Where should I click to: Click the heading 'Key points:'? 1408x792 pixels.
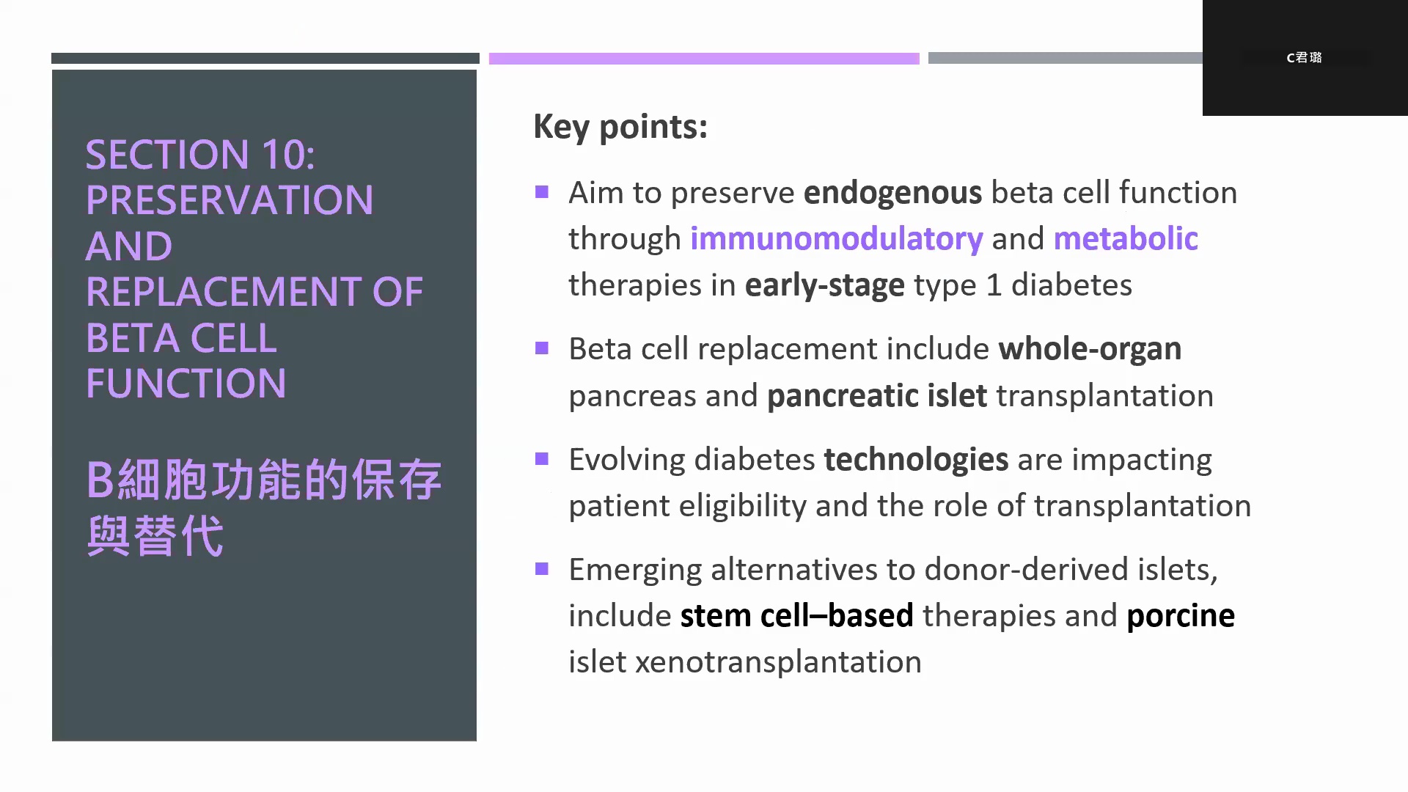620,127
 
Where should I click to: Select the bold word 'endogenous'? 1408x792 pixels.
892,194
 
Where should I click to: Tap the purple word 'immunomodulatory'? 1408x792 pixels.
837,240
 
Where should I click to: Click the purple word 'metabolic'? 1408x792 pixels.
1126,238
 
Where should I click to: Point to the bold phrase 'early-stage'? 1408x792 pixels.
825,286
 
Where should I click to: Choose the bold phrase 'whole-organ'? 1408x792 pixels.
1090,350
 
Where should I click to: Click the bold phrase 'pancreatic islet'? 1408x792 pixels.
877,397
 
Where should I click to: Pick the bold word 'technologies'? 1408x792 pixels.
916,461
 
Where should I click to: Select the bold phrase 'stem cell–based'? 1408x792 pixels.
796,615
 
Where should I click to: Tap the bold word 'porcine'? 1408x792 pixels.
1181,617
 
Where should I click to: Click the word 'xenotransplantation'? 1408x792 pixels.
778,662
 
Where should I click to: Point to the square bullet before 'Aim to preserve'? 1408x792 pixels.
542,192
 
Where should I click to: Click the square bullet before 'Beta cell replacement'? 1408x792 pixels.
542,348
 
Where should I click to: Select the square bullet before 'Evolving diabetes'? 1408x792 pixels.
542,459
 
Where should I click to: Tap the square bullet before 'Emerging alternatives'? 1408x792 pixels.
542,569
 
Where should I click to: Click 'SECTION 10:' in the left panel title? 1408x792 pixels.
200,155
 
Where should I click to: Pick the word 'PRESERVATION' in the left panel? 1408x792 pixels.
230,200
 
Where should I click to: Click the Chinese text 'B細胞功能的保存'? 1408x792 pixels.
264,480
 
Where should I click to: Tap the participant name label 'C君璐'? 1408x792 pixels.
1304,57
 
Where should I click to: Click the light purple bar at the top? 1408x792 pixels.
704,58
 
